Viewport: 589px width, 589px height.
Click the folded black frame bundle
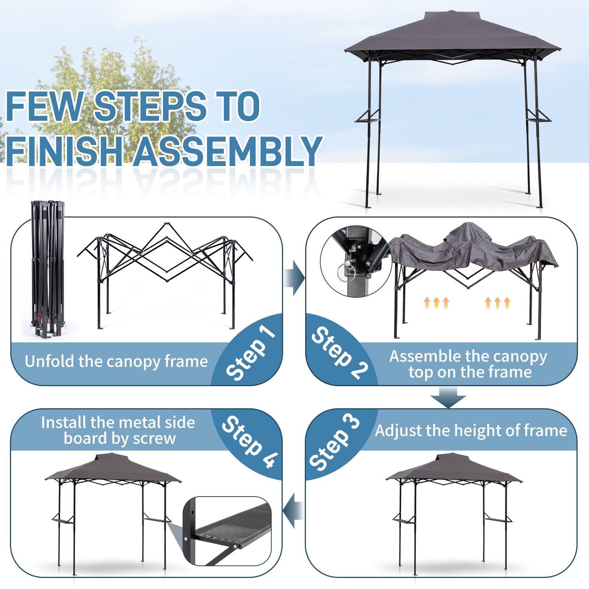click(47, 269)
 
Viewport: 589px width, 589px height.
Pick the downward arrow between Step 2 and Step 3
click(448, 397)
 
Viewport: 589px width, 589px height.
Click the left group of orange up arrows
click(436, 302)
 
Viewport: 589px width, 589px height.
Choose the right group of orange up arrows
click(498, 302)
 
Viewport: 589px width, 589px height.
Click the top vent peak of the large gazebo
click(452, 17)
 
